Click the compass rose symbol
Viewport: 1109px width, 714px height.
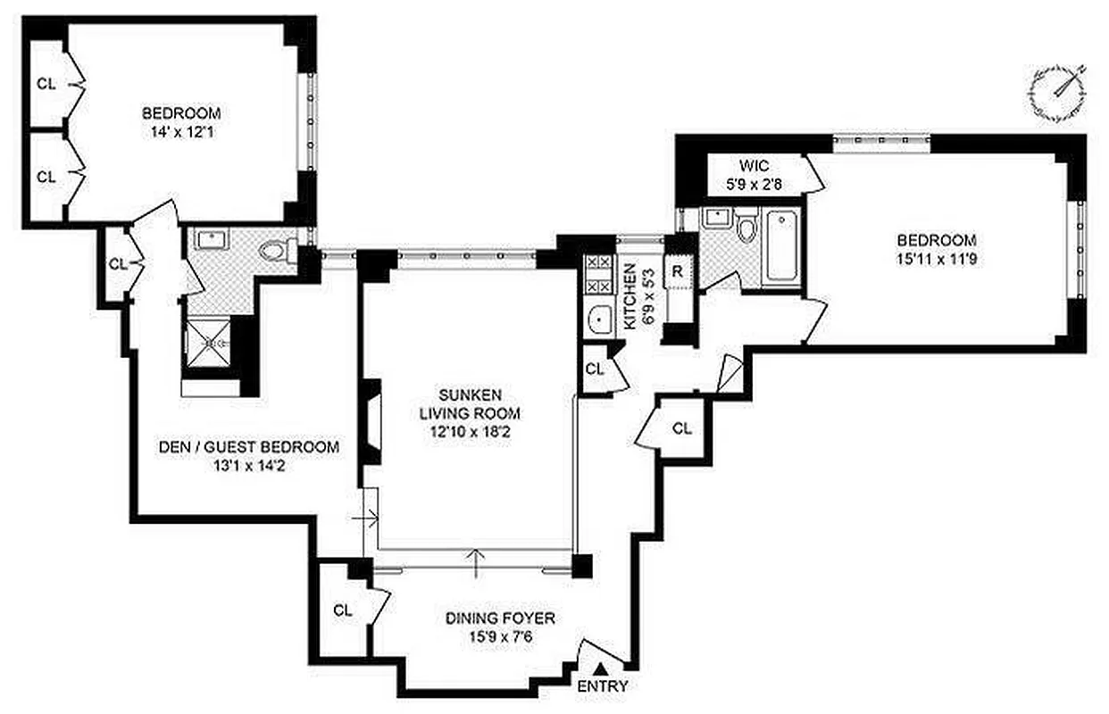point(1056,93)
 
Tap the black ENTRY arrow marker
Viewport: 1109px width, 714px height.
point(602,668)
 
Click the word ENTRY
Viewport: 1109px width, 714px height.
point(603,686)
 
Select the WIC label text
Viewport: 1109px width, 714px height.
point(752,166)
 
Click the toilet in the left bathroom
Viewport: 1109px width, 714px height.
point(279,251)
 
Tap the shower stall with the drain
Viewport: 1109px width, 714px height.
point(208,343)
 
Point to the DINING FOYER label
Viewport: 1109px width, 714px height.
point(500,618)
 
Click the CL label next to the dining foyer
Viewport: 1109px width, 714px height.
point(343,610)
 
